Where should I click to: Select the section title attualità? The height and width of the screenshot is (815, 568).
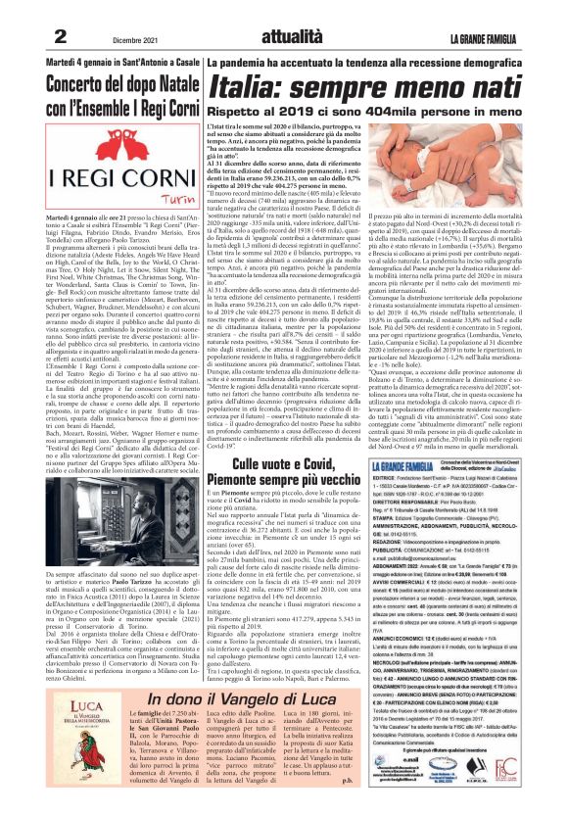click(x=284, y=34)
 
